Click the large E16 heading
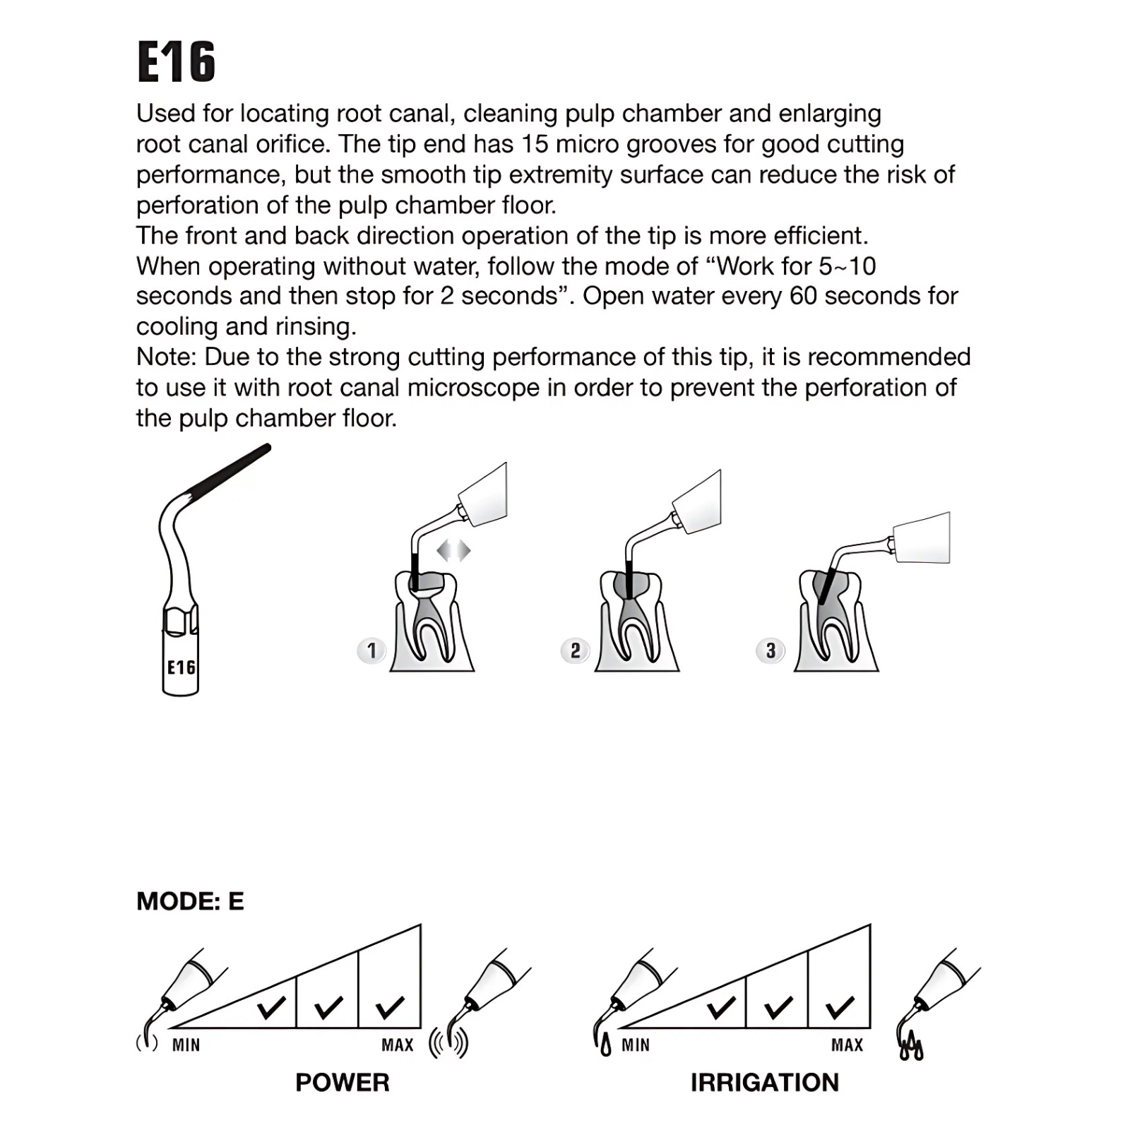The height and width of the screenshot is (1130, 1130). pos(176,62)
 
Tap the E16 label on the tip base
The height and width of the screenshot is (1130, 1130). pos(181,667)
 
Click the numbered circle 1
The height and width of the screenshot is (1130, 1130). pos(371,650)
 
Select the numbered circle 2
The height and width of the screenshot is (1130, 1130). pos(575,650)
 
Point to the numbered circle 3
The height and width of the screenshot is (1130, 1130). pos(771,650)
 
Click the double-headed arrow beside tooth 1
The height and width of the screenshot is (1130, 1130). pos(453,550)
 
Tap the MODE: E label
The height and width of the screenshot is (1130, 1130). pos(190,901)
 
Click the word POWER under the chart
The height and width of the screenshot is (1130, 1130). pos(343,1082)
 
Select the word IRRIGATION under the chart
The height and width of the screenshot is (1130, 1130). pos(765,1082)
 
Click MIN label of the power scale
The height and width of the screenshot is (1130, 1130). pos(186,1045)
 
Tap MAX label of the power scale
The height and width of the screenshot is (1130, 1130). pos(398,1045)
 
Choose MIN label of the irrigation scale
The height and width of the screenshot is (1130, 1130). pos(636,1045)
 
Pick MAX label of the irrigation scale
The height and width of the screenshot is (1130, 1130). pos(847,1045)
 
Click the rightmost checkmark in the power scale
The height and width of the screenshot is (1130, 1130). pos(391,1007)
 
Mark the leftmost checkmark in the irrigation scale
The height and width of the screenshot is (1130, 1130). pos(721,1007)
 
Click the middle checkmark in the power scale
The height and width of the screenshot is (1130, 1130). pos(328,1007)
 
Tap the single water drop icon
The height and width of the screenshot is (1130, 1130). pos(605,1046)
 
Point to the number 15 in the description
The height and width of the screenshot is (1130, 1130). pos(535,144)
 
